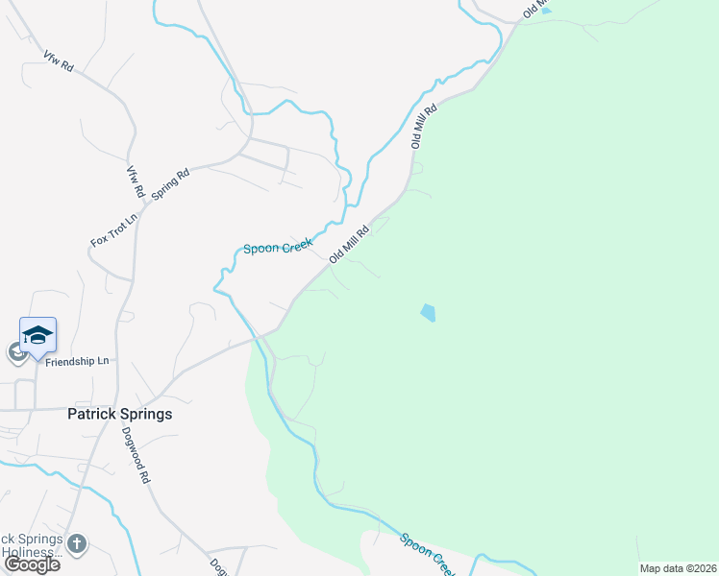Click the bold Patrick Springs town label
point(120,414)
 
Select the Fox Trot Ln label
point(114,228)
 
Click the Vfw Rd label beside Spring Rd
point(134,181)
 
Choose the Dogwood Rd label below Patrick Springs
point(136,454)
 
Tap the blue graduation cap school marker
point(37,335)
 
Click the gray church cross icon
point(77,544)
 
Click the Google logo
point(32,564)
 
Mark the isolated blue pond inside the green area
point(428,312)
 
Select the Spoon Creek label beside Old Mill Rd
point(279,248)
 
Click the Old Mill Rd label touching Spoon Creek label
point(349,244)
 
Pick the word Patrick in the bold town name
point(93,414)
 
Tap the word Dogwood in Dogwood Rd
point(134,447)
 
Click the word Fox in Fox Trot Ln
point(98,239)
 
